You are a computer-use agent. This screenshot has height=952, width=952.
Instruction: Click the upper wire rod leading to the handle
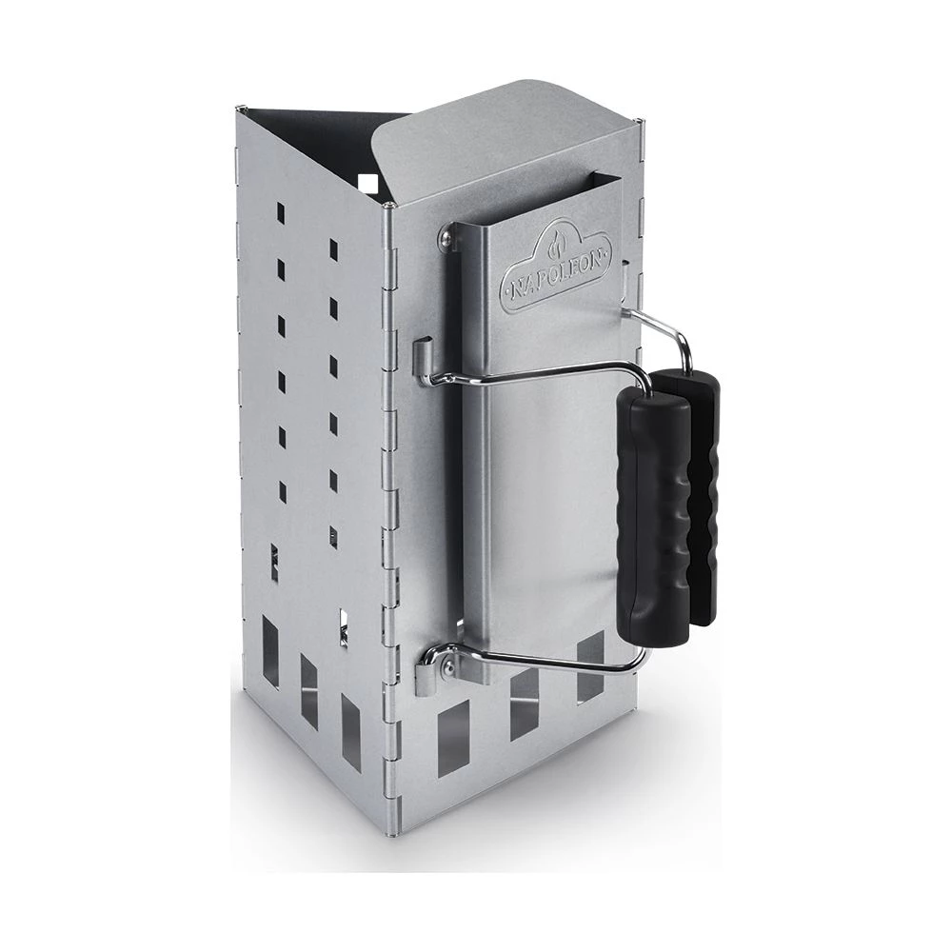533,373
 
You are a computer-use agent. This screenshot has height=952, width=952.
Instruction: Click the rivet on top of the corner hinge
392,203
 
